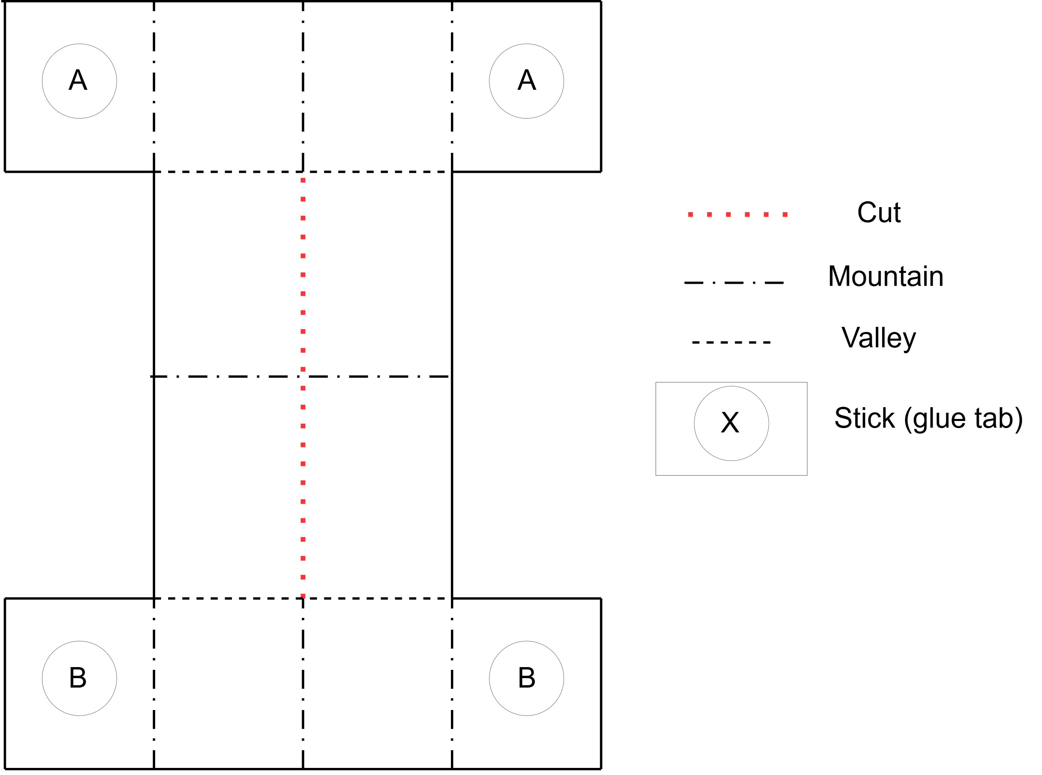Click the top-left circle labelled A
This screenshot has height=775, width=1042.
pos(79,81)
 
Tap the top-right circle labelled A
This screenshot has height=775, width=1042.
pos(527,81)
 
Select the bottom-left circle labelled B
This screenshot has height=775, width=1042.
pos(79,679)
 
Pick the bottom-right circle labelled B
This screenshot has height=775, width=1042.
pos(527,679)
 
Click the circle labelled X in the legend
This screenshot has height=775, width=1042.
pos(731,424)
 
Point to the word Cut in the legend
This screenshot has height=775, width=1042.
pos(879,213)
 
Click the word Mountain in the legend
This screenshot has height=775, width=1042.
pos(885,276)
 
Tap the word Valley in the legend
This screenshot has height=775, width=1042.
pos(878,338)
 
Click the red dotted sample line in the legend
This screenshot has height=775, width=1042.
pos(738,214)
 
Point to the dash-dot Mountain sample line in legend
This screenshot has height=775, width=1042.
pos(734,283)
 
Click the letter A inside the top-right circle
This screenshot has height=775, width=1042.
pos(527,80)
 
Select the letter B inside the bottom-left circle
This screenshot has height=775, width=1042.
pos(78,677)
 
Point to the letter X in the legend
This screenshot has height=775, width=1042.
pos(730,422)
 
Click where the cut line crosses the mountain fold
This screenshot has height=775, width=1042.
pos(303,376)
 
